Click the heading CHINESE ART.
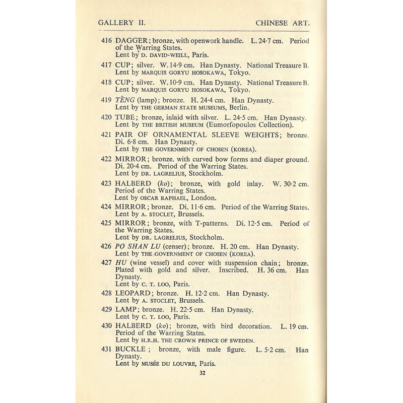coord(282,23)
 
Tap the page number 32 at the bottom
coord(202,373)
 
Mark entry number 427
coord(106,263)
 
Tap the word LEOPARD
coord(136,294)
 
